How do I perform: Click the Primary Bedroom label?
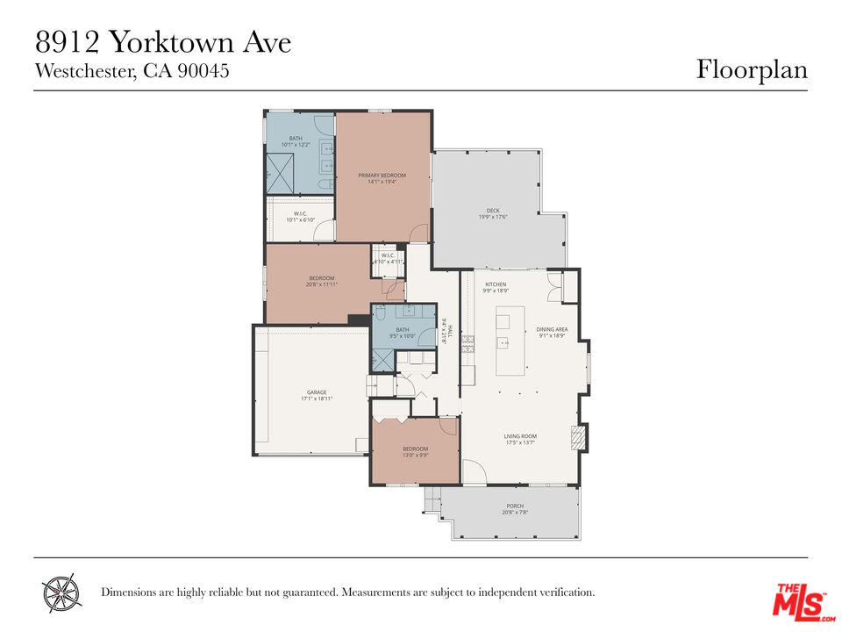click(x=382, y=176)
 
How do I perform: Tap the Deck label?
click(x=493, y=211)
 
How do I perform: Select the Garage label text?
click(x=317, y=392)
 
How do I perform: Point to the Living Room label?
click(x=520, y=436)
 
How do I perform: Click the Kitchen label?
click(x=496, y=284)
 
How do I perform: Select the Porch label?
click(x=515, y=506)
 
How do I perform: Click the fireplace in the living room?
click(x=577, y=437)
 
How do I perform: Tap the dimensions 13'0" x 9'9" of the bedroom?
click(x=416, y=455)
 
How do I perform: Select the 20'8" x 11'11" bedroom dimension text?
click(x=323, y=284)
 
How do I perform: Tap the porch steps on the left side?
click(x=432, y=500)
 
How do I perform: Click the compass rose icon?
click(x=61, y=592)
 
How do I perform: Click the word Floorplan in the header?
click(x=752, y=69)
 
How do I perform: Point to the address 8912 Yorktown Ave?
click(x=162, y=42)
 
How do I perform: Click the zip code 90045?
click(x=203, y=71)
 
